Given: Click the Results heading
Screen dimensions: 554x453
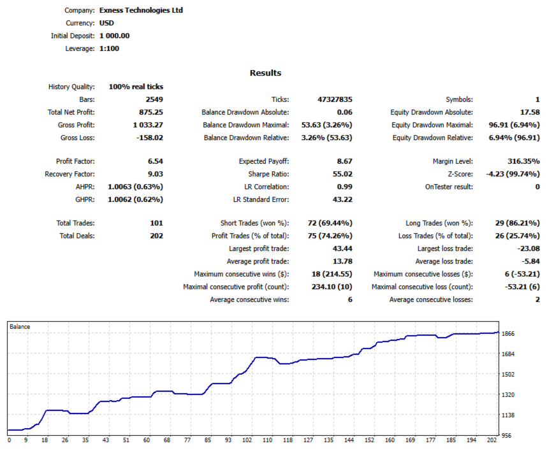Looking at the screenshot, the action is pyautogui.click(x=265, y=73).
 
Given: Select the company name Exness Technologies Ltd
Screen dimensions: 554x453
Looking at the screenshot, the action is pyautogui.click(x=141, y=10).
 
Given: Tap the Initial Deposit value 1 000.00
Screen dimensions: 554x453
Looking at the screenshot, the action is pyautogui.click(x=115, y=36).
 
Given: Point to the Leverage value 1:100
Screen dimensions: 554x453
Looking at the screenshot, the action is pyautogui.click(x=109, y=48).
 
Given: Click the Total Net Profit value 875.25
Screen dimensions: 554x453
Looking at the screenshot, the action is pyautogui.click(x=151, y=112).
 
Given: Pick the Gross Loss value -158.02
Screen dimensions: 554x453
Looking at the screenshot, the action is pyautogui.click(x=150, y=138).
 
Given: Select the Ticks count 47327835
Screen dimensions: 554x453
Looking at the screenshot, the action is pyautogui.click(x=335, y=99).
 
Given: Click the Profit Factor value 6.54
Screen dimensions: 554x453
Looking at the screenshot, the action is pyautogui.click(x=156, y=161).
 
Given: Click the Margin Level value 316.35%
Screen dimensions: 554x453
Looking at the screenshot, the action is pyautogui.click(x=523, y=161).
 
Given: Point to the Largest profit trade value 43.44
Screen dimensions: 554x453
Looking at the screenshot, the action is pyautogui.click(x=342, y=248).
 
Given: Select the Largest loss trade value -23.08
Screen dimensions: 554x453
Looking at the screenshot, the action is pyautogui.click(x=528, y=248).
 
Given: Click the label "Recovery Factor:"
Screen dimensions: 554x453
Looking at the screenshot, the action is pyautogui.click(x=69, y=174).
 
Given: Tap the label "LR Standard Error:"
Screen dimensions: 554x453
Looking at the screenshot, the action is pyautogui.click(x=261, y=199).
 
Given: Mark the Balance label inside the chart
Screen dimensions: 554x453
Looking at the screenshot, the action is pyautogui.click(x=20, y=327).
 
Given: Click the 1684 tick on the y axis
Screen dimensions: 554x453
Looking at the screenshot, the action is pyautogui.click(x=508, y=354).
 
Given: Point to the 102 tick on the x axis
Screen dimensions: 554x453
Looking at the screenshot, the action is pyautogui.click(x=247, y=440).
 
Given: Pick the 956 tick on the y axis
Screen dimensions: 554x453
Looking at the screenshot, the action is pyautogui.click(x=506, y=436).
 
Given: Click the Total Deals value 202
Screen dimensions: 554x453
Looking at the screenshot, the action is pyautogui.click(x=157, y=236).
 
